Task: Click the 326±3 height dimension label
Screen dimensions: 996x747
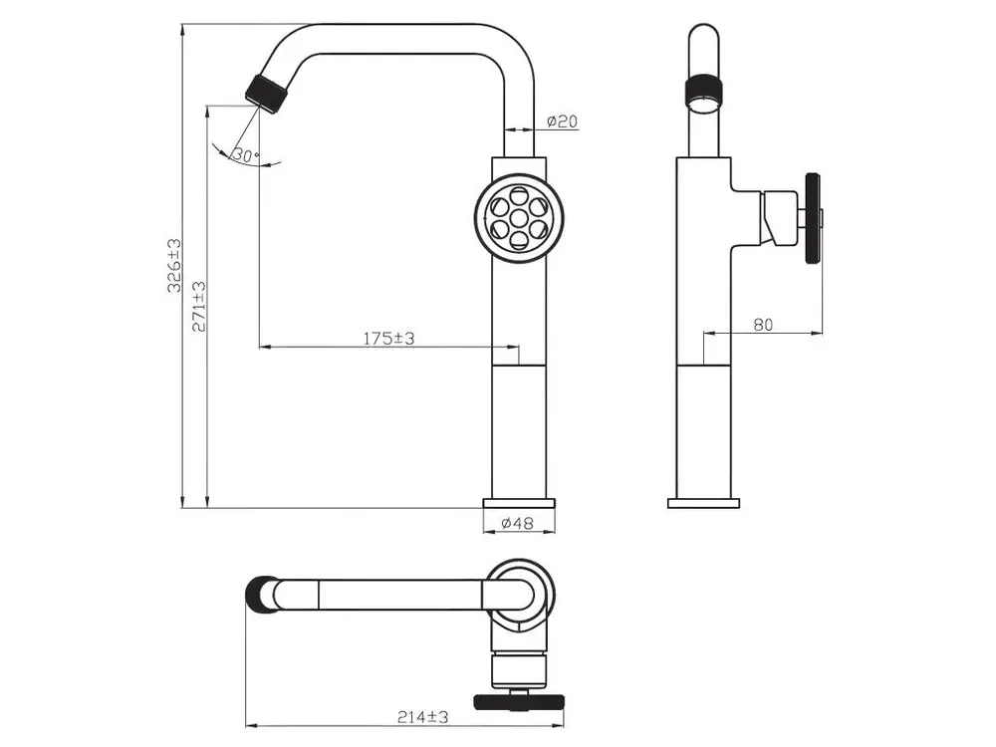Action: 174,265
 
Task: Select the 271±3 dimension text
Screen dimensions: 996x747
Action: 199,306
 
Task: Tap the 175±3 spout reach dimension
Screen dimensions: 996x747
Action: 388,338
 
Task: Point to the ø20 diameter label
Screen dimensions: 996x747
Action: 562,121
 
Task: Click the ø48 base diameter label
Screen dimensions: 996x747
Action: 517,523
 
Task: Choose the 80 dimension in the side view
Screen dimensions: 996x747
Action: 763,324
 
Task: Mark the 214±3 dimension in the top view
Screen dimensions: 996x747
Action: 423,717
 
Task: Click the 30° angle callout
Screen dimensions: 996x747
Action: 245,154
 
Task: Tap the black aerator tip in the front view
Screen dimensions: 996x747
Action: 267,95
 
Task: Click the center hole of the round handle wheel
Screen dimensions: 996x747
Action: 519,218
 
